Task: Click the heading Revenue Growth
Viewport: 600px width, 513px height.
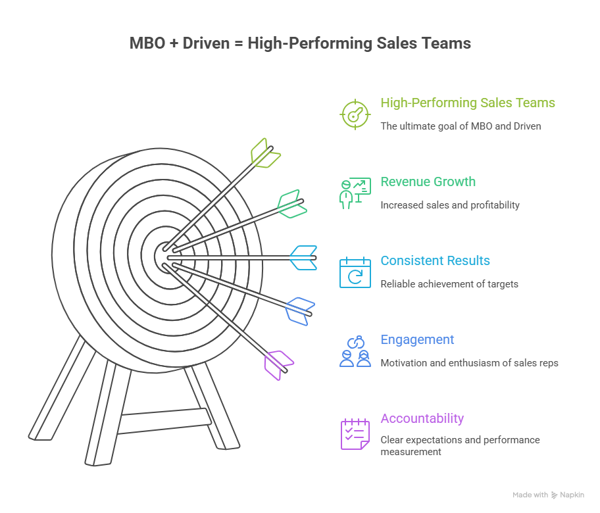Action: [x=428, y=182]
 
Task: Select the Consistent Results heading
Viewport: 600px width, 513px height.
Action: [x=435, y=260]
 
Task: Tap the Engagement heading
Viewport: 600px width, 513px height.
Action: [x=417, y=340]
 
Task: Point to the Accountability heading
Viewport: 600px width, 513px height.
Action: [x=422, y=418]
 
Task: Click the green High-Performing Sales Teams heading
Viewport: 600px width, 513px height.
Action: [x=468, y=103]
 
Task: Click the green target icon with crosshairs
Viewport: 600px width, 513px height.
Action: [x=355, y=114]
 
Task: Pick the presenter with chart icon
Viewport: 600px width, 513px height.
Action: [x=355, y=193]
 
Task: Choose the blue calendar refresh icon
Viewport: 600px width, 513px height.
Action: [x=355, y=272]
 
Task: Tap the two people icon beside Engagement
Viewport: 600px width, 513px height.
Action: [x=355, y=352]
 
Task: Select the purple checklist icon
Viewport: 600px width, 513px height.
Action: [x=355, y=434]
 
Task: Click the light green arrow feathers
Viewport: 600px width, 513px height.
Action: [x=264, y=153]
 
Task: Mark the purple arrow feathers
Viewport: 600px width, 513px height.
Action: [x=278, y=365]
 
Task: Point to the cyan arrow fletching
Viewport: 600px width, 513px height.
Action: [x=303, y=258]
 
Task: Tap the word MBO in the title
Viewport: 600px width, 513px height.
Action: [x=147, y=43]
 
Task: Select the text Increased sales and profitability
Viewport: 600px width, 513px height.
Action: [x=450, y=205]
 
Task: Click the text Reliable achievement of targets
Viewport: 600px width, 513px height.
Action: [x=449, y=284]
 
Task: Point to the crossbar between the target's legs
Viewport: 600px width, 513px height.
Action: [x=164, y=421]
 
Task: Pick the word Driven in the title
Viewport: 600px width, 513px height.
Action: [x=206, y=43]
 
